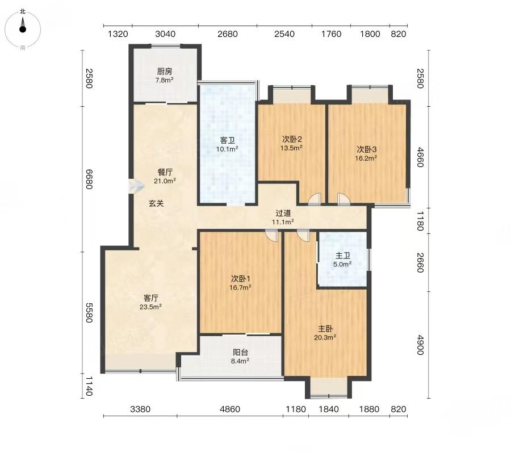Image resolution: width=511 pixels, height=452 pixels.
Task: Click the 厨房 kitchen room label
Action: pyautogui.click(x=164, y=72)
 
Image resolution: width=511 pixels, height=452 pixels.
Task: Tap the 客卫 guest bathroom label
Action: pyautogui.click(x=227, y=140)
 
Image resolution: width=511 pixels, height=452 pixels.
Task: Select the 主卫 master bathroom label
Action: pyautogui.click(x=342, y=256)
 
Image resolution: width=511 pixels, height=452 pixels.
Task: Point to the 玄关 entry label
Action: pyautogui.click(x=156, y=203)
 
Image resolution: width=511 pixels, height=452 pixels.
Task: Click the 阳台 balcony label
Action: pyautogui.click(x=241, y=352)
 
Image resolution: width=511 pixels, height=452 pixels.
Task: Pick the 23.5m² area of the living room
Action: pyautogui.click(x=150, y=307)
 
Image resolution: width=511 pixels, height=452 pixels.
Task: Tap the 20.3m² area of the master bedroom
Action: pyautogui.click(x=325, y=337)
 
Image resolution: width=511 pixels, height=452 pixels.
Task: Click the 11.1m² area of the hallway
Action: pyautogui.click(x=283, y=222)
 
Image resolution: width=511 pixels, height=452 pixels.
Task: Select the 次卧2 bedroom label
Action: pyautogui.click(x=292, y=139)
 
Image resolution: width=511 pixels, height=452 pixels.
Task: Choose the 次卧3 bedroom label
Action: pyautogui.click(x=367, y=149)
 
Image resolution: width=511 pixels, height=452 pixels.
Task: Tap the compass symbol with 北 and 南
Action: pyautogui.click(x=23, y=30)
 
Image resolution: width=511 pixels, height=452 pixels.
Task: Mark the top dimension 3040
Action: pyautogui.click(x=165, y=34)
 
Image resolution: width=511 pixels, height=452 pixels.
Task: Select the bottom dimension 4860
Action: pyautogui.click(x=230, y=409)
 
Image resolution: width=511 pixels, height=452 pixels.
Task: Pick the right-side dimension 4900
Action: pyautogui.click(x=420, y=345)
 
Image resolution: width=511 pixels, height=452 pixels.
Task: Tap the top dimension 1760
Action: pyautogui.click(x=331, y=34)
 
